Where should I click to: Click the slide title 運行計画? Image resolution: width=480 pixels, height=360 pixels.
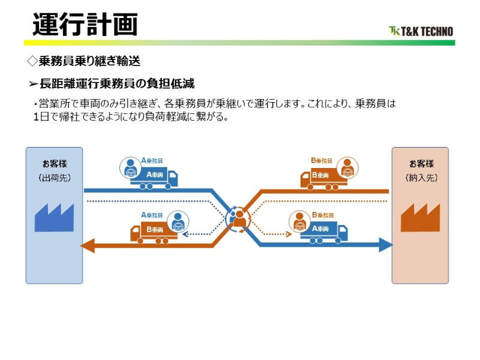pos(85,25)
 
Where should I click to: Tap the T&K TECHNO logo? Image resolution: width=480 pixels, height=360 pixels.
pos(421,31)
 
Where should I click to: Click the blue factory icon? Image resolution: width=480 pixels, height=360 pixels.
pos(54,217)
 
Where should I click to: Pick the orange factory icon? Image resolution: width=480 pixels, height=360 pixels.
pos(420,217)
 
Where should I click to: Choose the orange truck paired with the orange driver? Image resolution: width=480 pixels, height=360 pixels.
pos(320,178)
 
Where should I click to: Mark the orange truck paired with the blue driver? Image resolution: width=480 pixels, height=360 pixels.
pos(152,232)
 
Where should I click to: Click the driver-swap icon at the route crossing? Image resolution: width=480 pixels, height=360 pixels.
pos(238,218)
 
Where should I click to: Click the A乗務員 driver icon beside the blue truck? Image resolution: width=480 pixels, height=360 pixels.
pos(130,168)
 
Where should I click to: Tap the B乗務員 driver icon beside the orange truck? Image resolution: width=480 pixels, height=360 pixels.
pos(347,168)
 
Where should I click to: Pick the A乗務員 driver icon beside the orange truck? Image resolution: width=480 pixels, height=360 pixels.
pos(177,222)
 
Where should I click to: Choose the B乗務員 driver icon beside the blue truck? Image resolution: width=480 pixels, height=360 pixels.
pos(298,222)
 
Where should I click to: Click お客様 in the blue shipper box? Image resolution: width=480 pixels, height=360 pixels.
pos(54,164)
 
